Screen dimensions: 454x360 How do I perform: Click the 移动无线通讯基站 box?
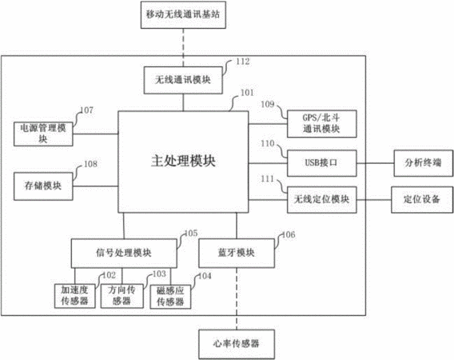(x=183, y=14)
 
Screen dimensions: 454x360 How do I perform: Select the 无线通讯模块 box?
(x=183, y=80)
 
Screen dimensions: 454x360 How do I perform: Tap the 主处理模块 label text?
(x=183, y=161)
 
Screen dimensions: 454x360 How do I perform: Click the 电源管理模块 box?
(x=43, y=134)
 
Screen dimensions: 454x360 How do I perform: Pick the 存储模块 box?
(x=43, y=186)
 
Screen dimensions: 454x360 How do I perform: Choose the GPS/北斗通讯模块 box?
(x=321, y=124)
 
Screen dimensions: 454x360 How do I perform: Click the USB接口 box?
(x=321, y=163)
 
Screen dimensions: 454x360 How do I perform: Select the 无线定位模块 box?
(x=321, y=200)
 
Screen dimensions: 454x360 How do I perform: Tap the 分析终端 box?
(x=424, y=163)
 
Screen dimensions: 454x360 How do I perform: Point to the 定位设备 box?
(x=422, y=200)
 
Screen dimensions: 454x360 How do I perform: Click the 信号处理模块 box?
(x=124, y=254)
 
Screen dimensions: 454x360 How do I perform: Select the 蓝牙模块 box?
(x=237, y=253)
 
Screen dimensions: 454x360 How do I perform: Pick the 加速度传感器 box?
(x=74, y=296)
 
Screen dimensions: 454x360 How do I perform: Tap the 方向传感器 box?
(x=122, y=296)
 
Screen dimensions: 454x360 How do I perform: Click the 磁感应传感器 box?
(x=170, y=297)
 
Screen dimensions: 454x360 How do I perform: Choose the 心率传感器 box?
(x=237, y=344)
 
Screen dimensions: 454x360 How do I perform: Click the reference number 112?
(x=243, y=62)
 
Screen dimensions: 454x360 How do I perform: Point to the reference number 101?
(x=247, y=93)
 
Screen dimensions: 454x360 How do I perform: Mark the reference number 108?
(x=90, y=164)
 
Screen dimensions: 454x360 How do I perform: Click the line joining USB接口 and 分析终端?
(x=375, y=163)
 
